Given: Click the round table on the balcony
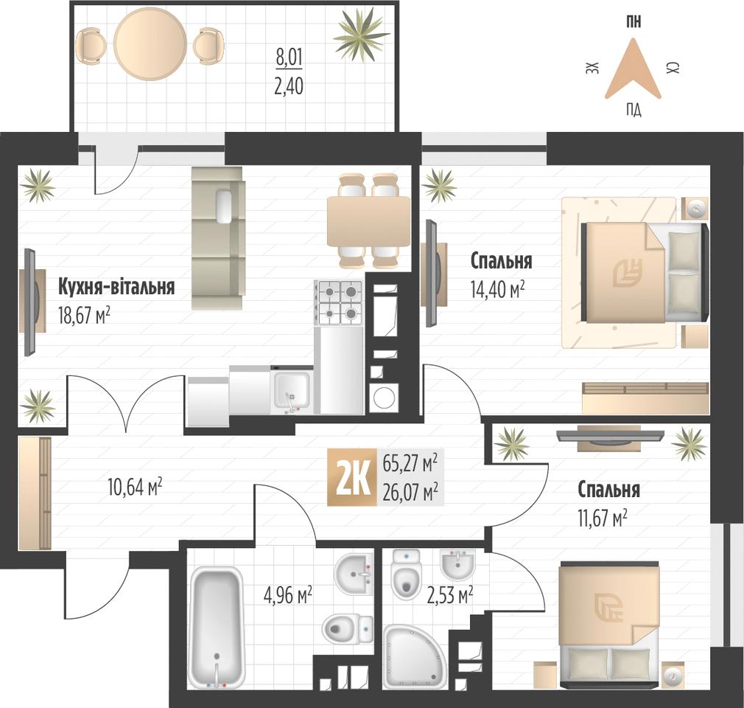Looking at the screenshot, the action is tap(150, 44).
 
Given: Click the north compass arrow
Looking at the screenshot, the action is tap(633, 69).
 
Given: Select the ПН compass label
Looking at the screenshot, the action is tap(634, 22).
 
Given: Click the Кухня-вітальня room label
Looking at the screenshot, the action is tap(116, 287).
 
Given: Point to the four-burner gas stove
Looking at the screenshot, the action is tap(340, 302).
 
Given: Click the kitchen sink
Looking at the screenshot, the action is tap(292, 392).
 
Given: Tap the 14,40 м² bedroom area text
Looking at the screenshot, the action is tap(498, 289).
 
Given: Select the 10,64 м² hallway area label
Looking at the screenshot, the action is tap(136, 487).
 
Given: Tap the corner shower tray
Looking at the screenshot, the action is tap(413, 655).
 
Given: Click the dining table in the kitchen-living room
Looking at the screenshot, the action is tap(368, 221).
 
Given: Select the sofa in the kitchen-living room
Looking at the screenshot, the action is tap(218, 237).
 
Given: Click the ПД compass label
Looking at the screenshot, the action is tap(634, 111).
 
